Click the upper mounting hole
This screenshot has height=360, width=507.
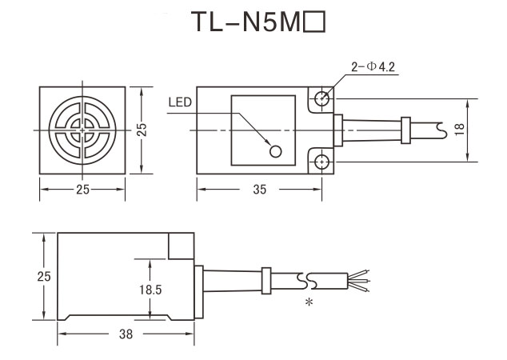[321, 98]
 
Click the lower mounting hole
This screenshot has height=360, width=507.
[321, 162]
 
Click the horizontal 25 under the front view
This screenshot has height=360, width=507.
[82, 190]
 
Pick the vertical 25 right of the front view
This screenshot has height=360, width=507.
[142, 130]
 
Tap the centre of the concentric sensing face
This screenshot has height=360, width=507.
[82, 130]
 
